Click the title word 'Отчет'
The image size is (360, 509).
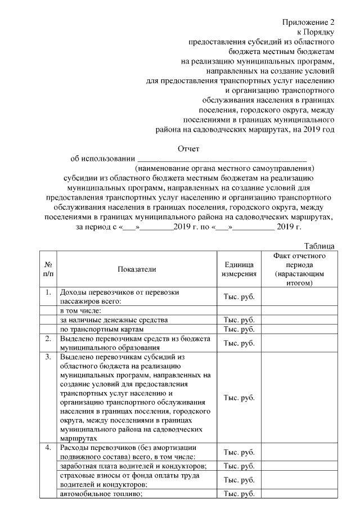click(x=188, y=149)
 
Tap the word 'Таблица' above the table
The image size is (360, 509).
click(x=319, y=246)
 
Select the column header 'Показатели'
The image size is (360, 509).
click(x=137, y=269)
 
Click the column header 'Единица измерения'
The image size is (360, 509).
click(x=240, y=269)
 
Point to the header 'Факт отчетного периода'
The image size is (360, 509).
click(x=298, y=269)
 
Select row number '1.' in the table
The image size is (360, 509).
click(x=48, y=292)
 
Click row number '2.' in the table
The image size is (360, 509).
click(x=48, y=339)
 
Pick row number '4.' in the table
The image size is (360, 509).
click(x=48, y=448)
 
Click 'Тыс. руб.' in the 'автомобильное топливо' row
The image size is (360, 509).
click(x=240, y=494)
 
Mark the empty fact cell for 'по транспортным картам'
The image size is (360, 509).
click(x=298, y=329)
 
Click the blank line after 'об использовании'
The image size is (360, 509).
click(x=222, y=159)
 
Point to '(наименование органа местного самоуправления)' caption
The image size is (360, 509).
click(x=224, y=168)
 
